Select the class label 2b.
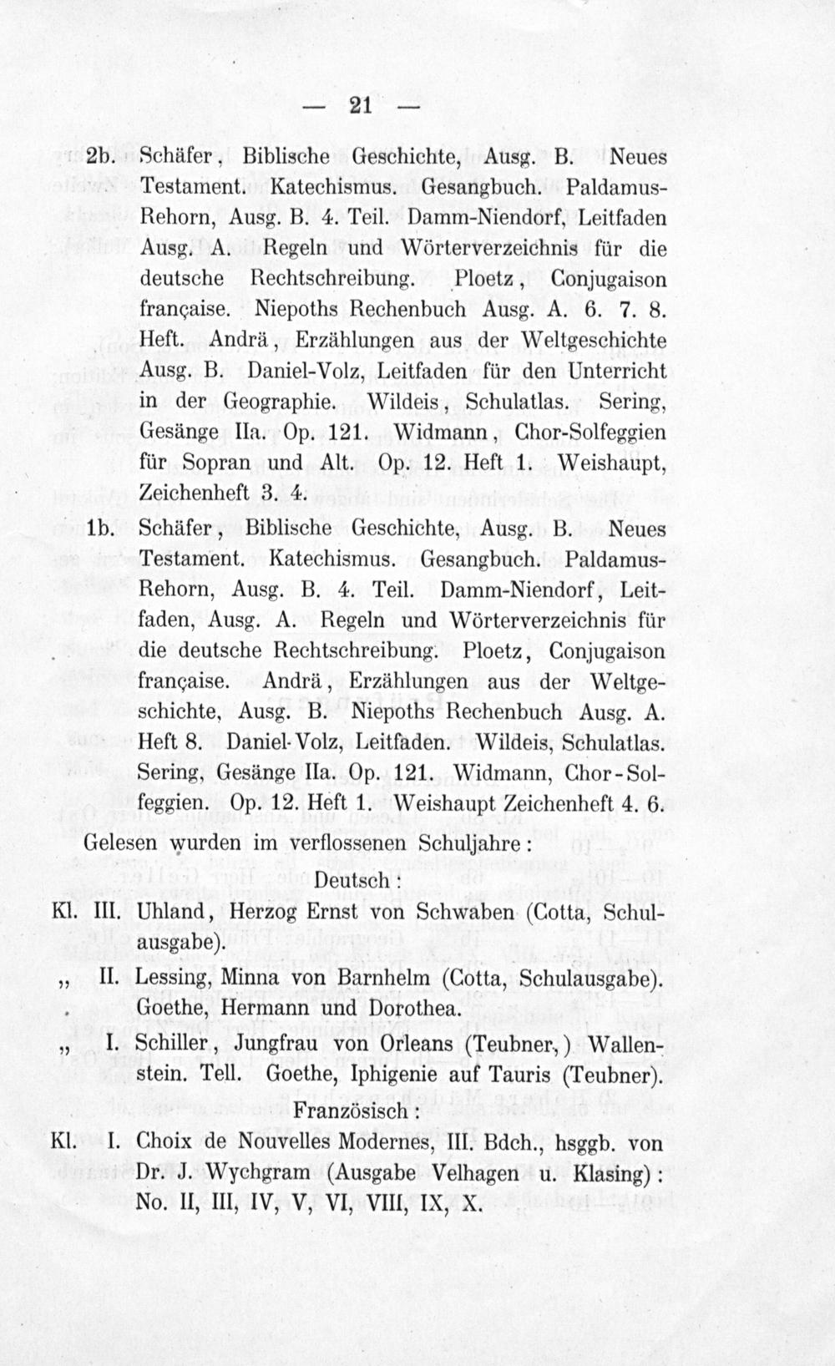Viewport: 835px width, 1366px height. [x=102, y=156]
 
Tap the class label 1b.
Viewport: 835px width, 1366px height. [x=100, y=528]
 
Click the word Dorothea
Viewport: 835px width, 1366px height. [x=412, y=1009]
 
